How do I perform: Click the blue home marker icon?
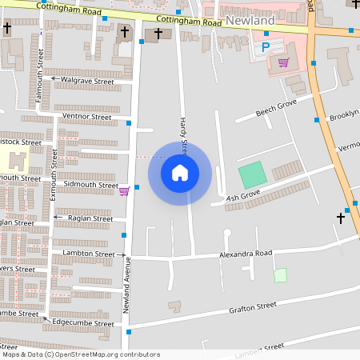(x=180, y=173)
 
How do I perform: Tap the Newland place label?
(x=250, y=18)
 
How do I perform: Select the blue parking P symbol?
(x=266, y=48)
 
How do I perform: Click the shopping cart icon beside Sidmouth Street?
(x=124, y=190)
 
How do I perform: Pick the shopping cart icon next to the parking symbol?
(x=283, y=62)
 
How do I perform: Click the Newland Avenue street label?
(x=126, y=289)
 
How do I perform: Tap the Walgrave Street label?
(x=88, y=81)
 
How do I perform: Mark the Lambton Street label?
(x=88, y=254)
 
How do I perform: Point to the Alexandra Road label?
(x=246, y=254)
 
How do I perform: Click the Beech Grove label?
(x=276, y=108)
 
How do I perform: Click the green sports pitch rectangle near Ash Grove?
(x=252, y=175)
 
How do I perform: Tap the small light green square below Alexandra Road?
(x=280, y=275)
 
